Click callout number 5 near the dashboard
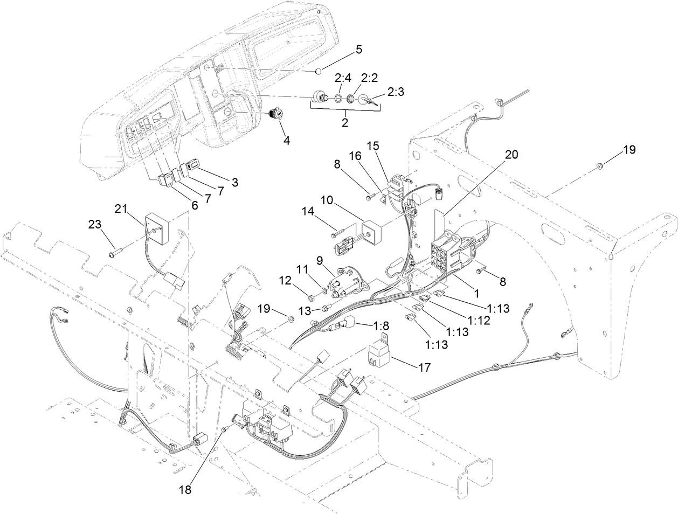359,50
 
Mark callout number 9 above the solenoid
319,260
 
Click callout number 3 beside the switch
235,182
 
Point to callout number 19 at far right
629,150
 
